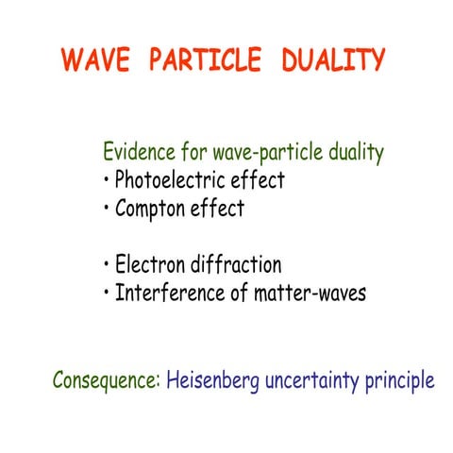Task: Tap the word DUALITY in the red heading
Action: pos(333,60)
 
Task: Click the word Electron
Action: pos(150,265)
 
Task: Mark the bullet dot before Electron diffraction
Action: pos(106,266)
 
